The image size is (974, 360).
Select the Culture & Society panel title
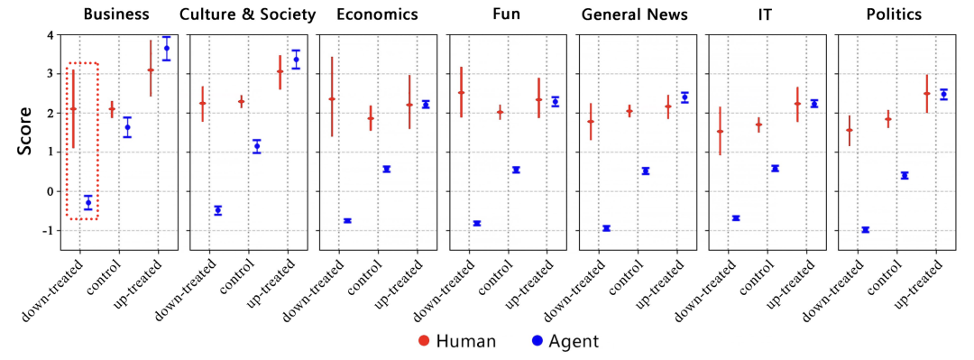(x=247, y=14)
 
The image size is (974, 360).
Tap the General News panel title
(x=635, y=14)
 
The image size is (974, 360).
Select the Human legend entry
(x=456, y=341)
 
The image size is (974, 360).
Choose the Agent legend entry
(x=565, y=341)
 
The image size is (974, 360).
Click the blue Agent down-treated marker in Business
(x=88, y=203)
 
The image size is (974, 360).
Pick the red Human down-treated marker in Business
(x=73, y=109)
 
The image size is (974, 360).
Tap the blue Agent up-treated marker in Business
(x=166, y=48)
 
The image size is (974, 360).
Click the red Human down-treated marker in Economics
(x=332, y=99)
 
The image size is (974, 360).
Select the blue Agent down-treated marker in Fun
(x=477, y=223)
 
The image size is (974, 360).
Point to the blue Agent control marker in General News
(x=646, y=171)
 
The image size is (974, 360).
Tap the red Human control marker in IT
(x=758, y=125)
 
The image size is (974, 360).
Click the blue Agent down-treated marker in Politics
(x=865, y=230)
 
